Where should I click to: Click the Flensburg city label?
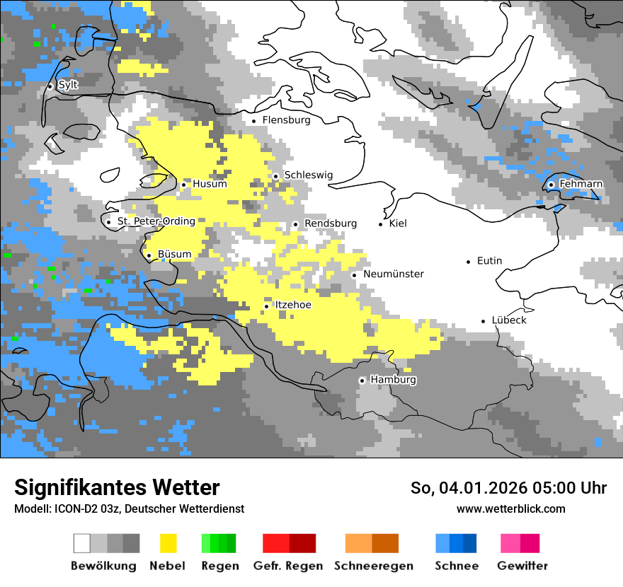286,120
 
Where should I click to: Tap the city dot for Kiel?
381,224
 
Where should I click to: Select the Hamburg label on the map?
393,380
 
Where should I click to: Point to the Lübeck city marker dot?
484,320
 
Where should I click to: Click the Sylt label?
68,85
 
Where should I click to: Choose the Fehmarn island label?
581,184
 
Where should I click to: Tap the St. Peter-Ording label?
156,221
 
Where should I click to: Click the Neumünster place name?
394,274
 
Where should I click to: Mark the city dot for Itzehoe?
266,306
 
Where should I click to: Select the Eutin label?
489,261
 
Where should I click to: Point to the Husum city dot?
183,185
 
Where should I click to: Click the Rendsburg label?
330,223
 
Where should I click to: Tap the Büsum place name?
174,255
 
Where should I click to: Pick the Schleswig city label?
308,175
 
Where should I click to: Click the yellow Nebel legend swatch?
168,543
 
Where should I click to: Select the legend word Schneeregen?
374,566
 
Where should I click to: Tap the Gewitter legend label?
522,566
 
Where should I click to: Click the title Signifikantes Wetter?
117,487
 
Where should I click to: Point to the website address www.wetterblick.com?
510,508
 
